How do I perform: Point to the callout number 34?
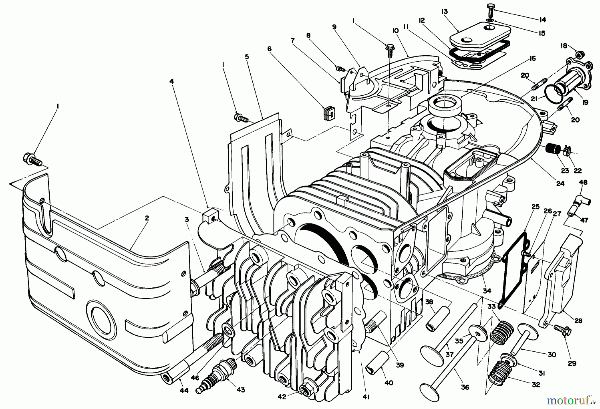coord(487,291)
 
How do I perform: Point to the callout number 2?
coord(147,218)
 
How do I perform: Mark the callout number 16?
coord(532,59)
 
